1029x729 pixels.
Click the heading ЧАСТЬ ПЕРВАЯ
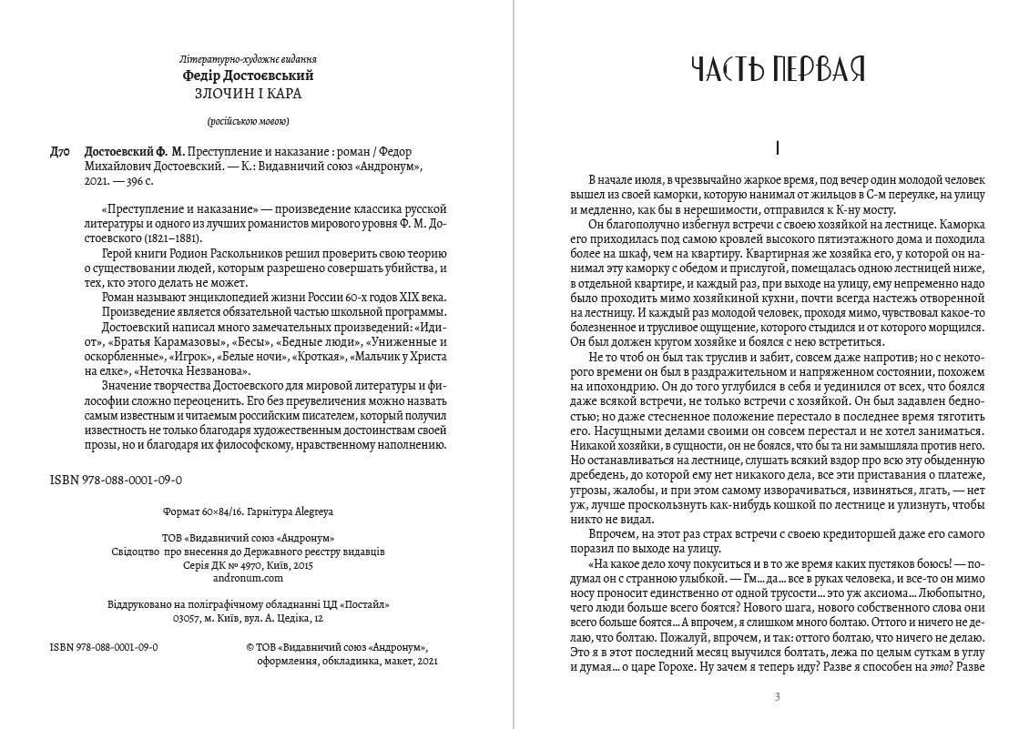[777, 68]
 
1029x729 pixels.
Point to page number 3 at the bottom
[777, 697]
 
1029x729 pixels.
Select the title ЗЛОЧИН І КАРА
[248, 93]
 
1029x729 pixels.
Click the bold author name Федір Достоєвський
[248, 76]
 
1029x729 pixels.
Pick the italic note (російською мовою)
[248, 122]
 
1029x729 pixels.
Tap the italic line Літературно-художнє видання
[248, 59]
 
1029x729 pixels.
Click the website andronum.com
[248, 577]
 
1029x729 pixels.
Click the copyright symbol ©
[251, 646]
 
